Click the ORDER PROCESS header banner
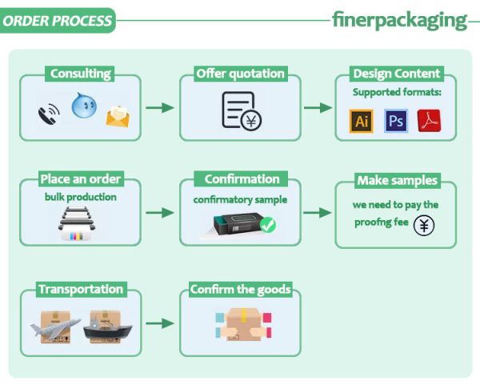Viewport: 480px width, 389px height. point(57,21)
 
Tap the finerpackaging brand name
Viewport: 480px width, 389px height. point(399,20)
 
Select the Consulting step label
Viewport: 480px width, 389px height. point(80,74)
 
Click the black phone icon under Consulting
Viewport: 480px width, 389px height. point(48,114)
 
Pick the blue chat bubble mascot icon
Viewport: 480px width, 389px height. point(84,105)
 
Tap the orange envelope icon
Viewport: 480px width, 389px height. point(118,118)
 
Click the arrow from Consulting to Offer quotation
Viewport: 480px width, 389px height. point(160,107)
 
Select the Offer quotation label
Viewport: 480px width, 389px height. point(240,74)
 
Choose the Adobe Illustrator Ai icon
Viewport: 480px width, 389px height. point(362,121)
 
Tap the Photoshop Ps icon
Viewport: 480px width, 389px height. point(395,121)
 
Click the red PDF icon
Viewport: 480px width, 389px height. point(429,121)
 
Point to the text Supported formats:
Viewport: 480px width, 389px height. point(397,93)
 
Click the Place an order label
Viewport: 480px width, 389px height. point(80,179)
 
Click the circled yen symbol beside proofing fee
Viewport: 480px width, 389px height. point(425,226)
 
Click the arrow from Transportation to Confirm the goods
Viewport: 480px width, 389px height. point(160,323)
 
